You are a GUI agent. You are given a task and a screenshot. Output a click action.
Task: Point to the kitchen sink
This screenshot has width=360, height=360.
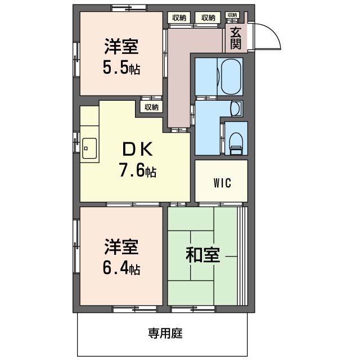89,148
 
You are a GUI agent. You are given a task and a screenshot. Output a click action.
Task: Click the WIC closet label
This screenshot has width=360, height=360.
222,183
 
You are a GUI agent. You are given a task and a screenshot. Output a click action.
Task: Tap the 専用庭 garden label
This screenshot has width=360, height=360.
165,333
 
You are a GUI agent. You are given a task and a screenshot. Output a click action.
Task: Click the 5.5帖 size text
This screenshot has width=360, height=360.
121,69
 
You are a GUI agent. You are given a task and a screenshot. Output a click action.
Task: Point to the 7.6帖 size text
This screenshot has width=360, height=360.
137,170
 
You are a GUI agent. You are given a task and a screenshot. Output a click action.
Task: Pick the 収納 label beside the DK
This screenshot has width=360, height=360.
151,107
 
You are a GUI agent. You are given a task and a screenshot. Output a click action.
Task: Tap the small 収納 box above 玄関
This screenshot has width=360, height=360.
232,15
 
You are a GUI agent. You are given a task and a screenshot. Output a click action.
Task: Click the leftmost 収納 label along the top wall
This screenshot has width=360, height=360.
180,17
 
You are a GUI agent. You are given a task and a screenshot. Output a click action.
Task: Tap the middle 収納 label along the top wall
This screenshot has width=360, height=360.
208,17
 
